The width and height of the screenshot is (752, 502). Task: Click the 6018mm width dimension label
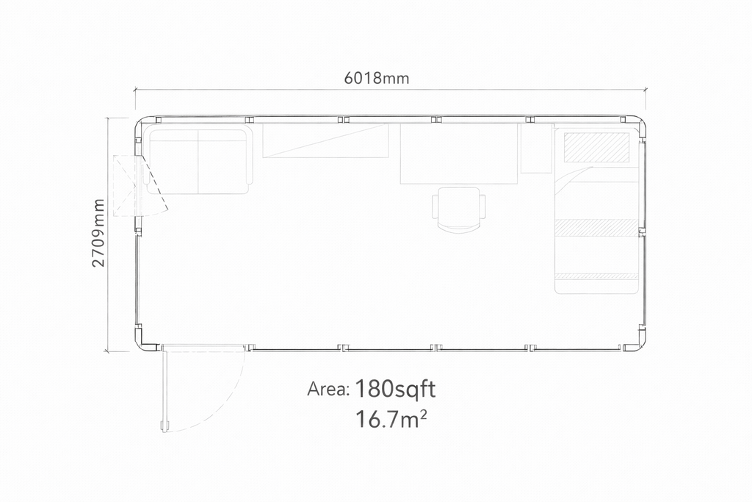[377, 78]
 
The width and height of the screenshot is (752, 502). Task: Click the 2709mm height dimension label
[98, 233]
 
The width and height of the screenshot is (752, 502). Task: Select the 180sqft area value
[395, 390]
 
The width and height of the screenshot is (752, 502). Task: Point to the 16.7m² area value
[391, 419]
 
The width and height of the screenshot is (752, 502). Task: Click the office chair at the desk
[458, 209]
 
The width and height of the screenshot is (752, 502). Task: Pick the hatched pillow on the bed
[596, 147]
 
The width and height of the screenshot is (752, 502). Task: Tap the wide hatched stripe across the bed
[597, 228]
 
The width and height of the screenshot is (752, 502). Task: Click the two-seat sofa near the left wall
[199, 162]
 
